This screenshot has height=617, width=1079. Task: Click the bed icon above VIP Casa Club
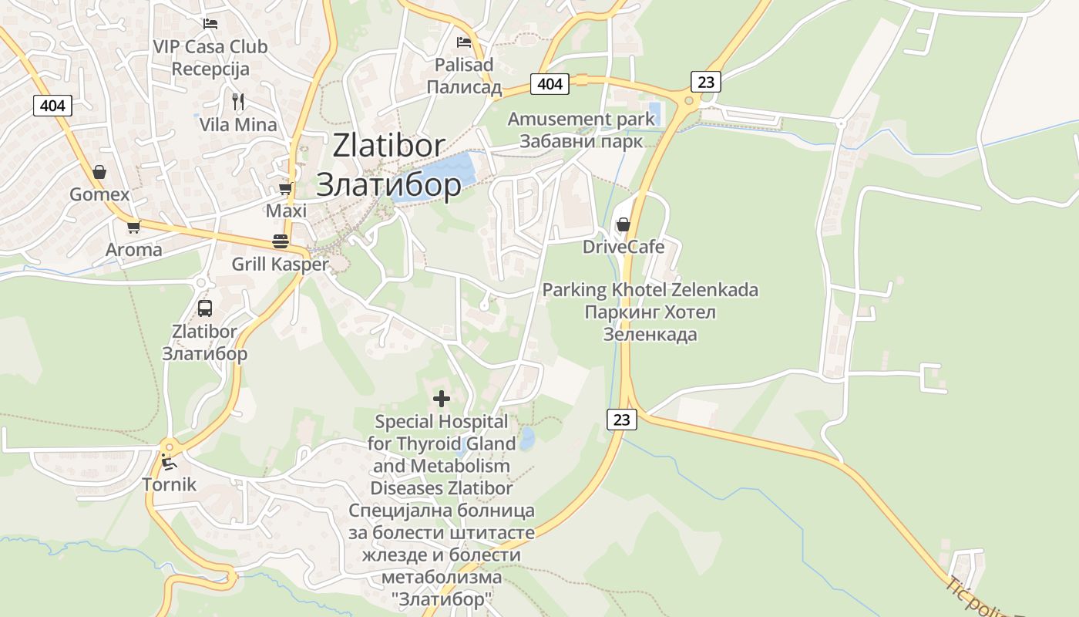[x=210, y=24]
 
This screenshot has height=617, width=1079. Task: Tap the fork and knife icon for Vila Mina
[x=238, y=101]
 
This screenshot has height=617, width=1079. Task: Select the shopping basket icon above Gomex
[x=99, y=172]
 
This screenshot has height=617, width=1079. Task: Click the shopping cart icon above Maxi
[x=286, y=188]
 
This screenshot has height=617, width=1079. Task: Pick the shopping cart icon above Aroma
[x=134, y=227]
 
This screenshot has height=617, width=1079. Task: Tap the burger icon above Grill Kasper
[x=280, y=241]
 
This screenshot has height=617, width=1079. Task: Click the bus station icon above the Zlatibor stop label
[x=205, y=308]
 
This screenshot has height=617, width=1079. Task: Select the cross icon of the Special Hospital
[x=442, y=399]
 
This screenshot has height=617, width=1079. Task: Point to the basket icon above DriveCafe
[x=623, y=224]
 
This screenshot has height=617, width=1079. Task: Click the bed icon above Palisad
[x=463, y=42]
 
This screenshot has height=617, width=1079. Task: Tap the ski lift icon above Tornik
[x=169, y=462]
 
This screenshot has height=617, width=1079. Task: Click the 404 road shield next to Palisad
[x=550, y=83]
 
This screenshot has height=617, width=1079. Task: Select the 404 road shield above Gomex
[x=52, y=105]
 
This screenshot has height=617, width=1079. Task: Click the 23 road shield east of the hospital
[x=622, y=420]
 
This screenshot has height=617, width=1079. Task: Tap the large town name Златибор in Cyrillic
[x=388, y=185]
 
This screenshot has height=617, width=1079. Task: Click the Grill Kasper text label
[x=280, y=265]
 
